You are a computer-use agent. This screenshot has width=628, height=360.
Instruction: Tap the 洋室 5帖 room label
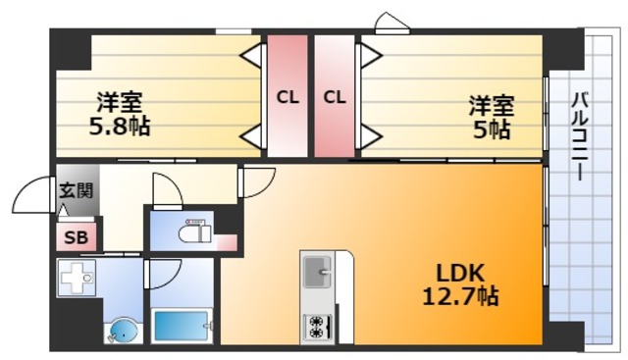[x=490, y=116]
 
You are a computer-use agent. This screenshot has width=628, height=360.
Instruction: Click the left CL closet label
[x=288, y=97]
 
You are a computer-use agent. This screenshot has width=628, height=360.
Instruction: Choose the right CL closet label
[x=335, y=97]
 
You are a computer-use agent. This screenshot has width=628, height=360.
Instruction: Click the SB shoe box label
[x=75, y=236]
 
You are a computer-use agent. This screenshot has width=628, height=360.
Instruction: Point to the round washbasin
[x=124, y=330]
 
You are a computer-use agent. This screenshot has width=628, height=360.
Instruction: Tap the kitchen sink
[x=318, y=271]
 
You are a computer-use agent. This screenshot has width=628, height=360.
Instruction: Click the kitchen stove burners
[x=318, y=327]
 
